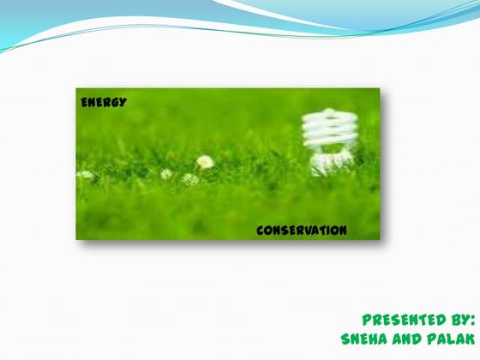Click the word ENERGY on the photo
[x=104, y=102]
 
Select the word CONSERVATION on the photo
[x=301, y=231]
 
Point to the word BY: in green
[x=451, y=317]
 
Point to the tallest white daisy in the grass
[x=205, y=160]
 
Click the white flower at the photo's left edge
[x=86, y=174]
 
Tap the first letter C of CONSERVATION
[x=261, y=231]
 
